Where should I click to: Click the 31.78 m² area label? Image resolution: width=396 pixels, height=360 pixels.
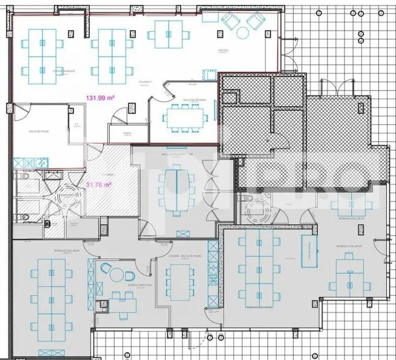pyautogui.click(x=98, y=185)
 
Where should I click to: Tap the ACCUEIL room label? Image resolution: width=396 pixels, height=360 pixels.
pyautogui.click(x=224, y=50)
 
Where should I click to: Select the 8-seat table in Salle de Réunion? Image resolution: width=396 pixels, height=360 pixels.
pyautogui.click(x=184, y=114)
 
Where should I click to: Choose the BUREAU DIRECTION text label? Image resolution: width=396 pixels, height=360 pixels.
pyautogui.click(x=122, y=285)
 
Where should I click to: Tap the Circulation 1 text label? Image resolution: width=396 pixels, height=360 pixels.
pyautogui.click(x=145, y=82)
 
